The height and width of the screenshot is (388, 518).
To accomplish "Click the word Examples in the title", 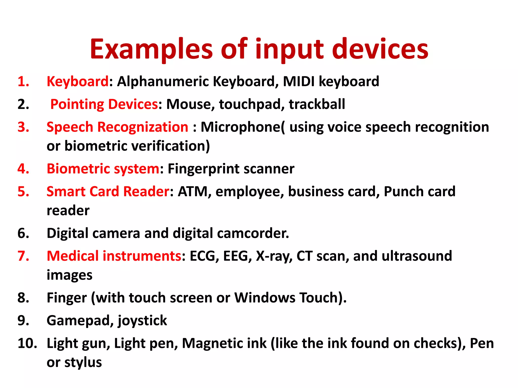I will (151, 49).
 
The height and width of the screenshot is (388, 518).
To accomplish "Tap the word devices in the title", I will (380, 49).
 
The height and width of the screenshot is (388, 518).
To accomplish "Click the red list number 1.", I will (23, 82).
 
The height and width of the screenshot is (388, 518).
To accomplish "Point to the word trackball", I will (317, 104).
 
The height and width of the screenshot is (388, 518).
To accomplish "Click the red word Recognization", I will (143, 127).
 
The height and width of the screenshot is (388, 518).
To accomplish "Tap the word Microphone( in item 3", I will (242, 127).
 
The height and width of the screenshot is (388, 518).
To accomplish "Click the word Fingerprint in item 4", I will (203, 169).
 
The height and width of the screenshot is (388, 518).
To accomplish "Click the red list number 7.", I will (23, 256).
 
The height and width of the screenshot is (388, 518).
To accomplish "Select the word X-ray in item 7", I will (274, 256).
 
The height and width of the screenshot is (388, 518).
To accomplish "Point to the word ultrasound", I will (417, 256).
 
